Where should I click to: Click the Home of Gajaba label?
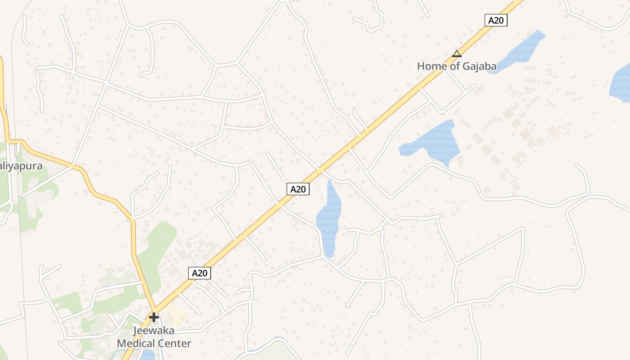pos(457,66)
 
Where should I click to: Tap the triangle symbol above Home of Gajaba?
pos(457,54)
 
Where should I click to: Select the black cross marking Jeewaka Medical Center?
pos(154,317)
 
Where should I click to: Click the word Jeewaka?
pos(154,331)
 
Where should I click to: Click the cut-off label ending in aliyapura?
pos(21,166)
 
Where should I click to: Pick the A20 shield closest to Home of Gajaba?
pos(496,20)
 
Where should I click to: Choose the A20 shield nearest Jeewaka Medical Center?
pos(199,273)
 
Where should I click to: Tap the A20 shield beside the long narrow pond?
pos(298,189)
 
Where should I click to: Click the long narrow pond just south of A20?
pos(329,218)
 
